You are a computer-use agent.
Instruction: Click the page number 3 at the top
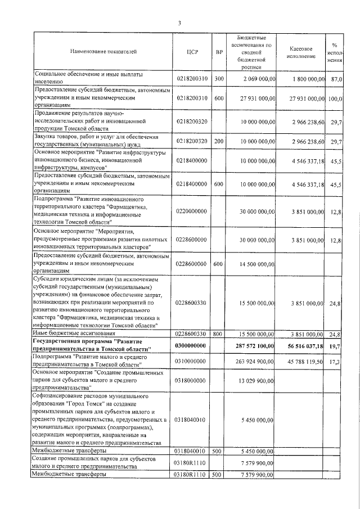(x=179, y=23)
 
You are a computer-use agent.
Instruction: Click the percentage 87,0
(x=336, y=79)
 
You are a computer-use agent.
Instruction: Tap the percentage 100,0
(x=335, y=98)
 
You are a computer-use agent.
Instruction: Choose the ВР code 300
(x=219, y=79)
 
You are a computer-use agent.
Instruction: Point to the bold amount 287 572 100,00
(x=251, y=345)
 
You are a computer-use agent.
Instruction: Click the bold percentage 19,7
(x=336, y=345)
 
